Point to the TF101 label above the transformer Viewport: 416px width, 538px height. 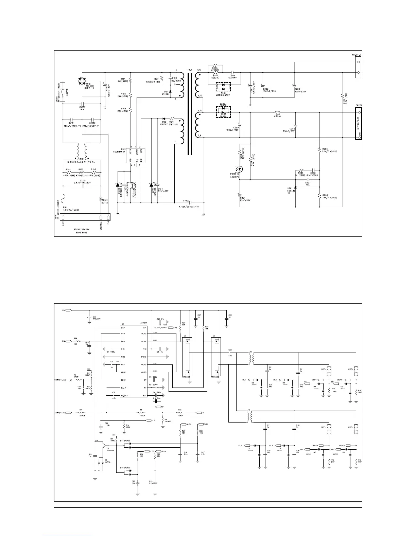coord(189,69)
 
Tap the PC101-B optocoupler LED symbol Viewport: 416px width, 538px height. coord(240,168)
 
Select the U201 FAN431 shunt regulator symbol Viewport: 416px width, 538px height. coord(295,187)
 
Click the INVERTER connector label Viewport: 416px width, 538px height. coord(356,55)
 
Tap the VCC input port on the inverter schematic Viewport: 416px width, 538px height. coord(68,310)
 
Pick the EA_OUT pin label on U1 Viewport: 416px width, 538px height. coord(124,395)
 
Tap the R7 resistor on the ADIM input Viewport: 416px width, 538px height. coord(81,413)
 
